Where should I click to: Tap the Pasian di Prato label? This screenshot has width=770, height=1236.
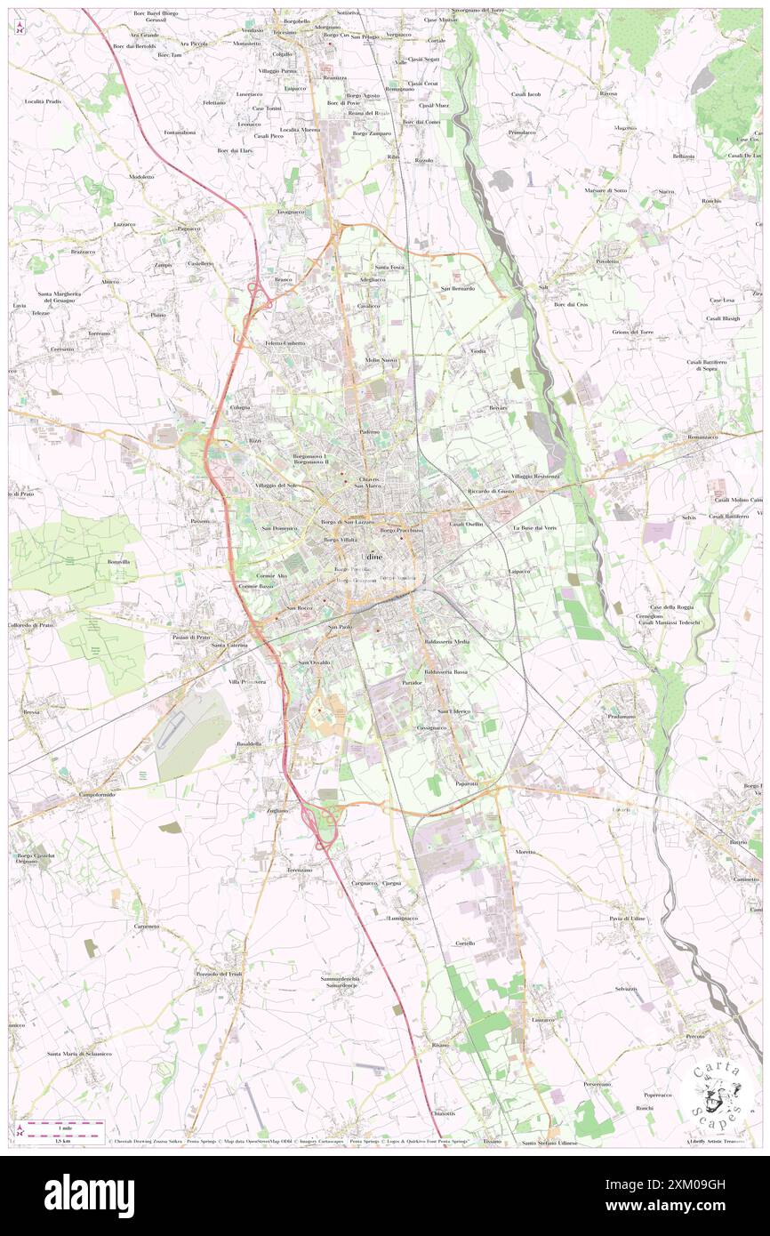coord(191,637)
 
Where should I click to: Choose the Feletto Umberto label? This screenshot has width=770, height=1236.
coord(285,343)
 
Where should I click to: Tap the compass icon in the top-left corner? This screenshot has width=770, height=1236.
coord(20,28)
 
